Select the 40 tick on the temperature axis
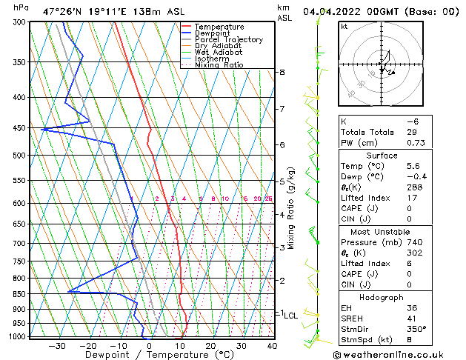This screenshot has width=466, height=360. tap(272, 345)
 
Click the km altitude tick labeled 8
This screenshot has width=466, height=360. tap(282, 72)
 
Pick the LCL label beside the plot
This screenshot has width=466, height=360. tap(290, 316)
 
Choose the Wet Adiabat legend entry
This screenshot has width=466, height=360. tap(219, 52)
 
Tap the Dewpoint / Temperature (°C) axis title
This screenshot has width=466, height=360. tap(150, 354)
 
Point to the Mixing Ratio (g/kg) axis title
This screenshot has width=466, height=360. tap(291, 208)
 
